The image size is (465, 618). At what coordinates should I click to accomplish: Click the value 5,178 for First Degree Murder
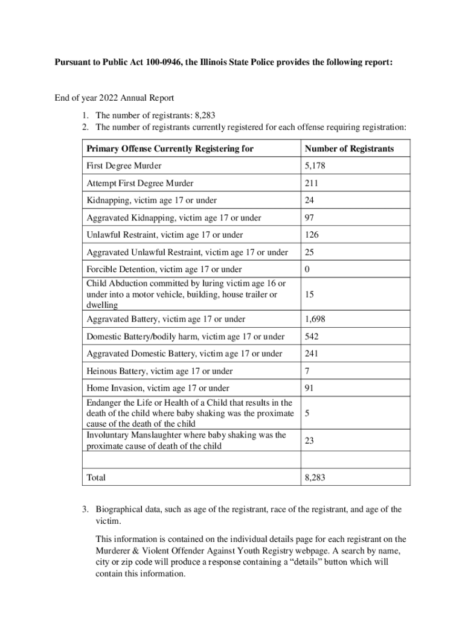pos(316,165)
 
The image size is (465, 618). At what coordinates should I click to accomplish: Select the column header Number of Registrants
pos(349,148)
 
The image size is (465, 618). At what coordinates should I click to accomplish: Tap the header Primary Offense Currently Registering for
pos(170,148)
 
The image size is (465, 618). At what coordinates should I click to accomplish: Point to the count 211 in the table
pos(312,183)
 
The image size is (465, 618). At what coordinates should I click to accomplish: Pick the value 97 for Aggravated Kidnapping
pos(310,218)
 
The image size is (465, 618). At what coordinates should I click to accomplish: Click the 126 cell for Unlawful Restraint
pos(312,235)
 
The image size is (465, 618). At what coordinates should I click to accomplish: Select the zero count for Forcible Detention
pos(307,269)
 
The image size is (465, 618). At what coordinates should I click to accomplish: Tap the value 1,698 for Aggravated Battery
pos(316,319)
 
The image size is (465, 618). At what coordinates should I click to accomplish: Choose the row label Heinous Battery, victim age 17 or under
pos(159,371)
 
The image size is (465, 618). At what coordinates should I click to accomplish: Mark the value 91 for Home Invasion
pos(309,388)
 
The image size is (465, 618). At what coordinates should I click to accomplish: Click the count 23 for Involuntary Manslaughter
pos(309,441)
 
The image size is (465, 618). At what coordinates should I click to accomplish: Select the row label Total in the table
pos(96,477)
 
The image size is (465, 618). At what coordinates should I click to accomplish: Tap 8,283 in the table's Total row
pos(316,477)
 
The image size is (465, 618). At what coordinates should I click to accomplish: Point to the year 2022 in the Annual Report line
pos(109,98)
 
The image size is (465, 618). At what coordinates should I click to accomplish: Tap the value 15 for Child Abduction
pos(309,294)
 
